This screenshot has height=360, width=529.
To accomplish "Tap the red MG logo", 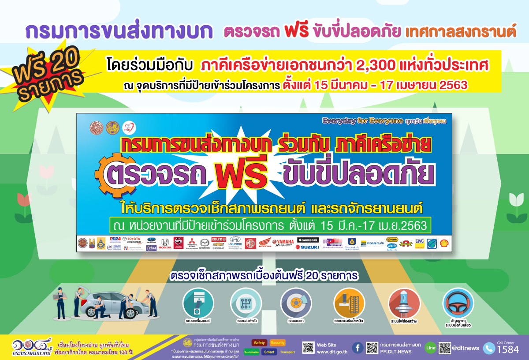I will (250, 244).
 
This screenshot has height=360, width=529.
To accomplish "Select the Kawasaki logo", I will (307, 240).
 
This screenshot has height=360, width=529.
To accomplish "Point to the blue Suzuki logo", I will (307, 247).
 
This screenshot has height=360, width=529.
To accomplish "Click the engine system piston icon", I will (198, 303).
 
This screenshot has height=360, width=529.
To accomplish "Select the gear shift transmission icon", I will (246, 303).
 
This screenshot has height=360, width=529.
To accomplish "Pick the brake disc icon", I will (296, 303).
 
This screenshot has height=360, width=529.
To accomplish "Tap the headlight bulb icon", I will (404, 303).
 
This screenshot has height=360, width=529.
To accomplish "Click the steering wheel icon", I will (458, 303).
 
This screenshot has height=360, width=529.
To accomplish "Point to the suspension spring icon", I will (349, 303).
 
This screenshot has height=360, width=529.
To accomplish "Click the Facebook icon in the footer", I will (358, 348).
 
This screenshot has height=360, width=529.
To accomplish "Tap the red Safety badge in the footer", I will (259, 343).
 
